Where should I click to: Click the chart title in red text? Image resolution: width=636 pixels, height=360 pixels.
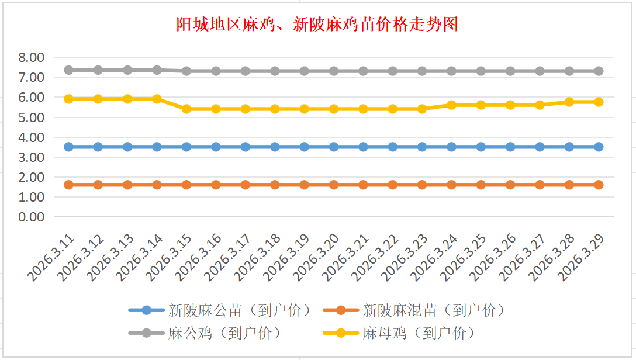coord(317,25)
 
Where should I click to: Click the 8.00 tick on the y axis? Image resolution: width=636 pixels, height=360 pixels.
coord(31,58)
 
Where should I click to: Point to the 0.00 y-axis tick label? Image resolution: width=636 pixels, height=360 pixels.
coord(31,217)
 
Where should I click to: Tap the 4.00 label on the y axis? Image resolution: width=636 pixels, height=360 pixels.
coord(31,137)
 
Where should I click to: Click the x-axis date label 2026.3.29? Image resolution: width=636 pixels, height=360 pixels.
coord(583,257)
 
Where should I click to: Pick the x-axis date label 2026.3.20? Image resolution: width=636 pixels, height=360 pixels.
coord(318,257)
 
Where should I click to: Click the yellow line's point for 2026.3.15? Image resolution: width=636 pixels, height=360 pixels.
coord(186,109)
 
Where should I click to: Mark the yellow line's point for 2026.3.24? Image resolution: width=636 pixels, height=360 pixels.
coord(451,105)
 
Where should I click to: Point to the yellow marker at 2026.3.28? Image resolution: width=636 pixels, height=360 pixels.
coord(569,102)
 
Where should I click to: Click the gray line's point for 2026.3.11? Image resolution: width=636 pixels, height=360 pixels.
coord(68,70)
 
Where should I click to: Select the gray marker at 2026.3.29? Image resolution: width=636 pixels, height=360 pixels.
coord(599,71)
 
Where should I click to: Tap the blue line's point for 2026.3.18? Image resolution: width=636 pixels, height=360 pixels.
coord(275,147)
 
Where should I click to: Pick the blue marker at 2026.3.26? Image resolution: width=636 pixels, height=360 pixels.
coord(510,147)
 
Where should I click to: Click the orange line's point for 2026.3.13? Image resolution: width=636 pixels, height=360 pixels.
coord(127,185)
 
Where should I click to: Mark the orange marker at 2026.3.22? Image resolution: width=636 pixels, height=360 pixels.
coord(393,185)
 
